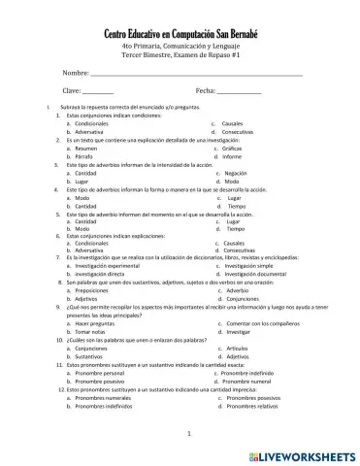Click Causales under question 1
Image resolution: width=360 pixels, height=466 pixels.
click(x=233, y=124)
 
